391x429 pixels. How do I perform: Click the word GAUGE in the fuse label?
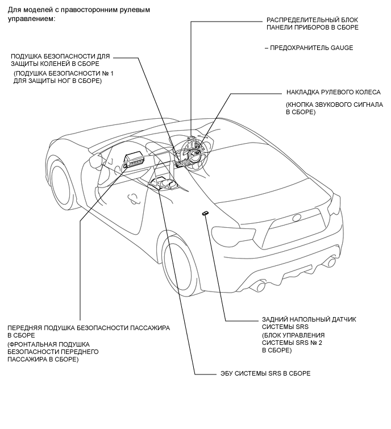(x=342, y=48)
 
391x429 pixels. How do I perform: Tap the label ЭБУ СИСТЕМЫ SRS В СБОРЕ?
(x=265, y=373)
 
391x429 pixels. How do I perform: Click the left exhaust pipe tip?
(x=261, y=286)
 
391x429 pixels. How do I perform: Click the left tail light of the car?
(x=233, y=234)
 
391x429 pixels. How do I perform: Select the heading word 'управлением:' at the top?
(x=31, y=19)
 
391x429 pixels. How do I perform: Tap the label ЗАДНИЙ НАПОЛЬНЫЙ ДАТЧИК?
(x=309, y=319)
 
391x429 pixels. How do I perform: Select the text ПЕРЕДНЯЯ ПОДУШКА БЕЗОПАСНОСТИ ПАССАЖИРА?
(x=89, y=328)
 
